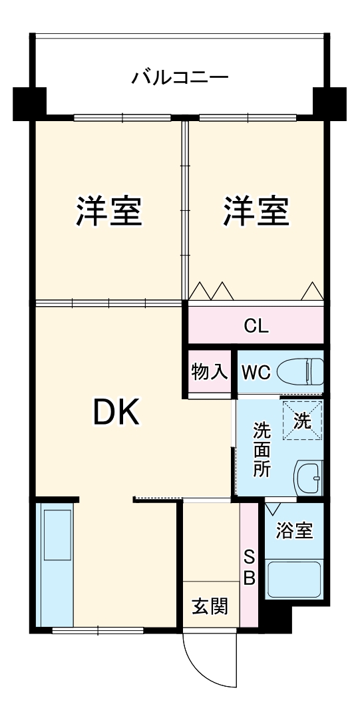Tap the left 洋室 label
tap(108, 212)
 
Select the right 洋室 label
tap(256, 212)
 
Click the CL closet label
tap(256, 326)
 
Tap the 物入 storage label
tap(209, 372)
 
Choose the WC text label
tap(255, 372)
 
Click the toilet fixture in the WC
tap(303, 371)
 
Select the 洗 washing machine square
tap(302, 421)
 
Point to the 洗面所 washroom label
tap(262, 449)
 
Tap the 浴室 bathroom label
tap(294, 531)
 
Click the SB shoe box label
tap(248, 567)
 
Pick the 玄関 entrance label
tap(210, 606)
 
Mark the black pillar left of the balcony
tap(29, 101)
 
